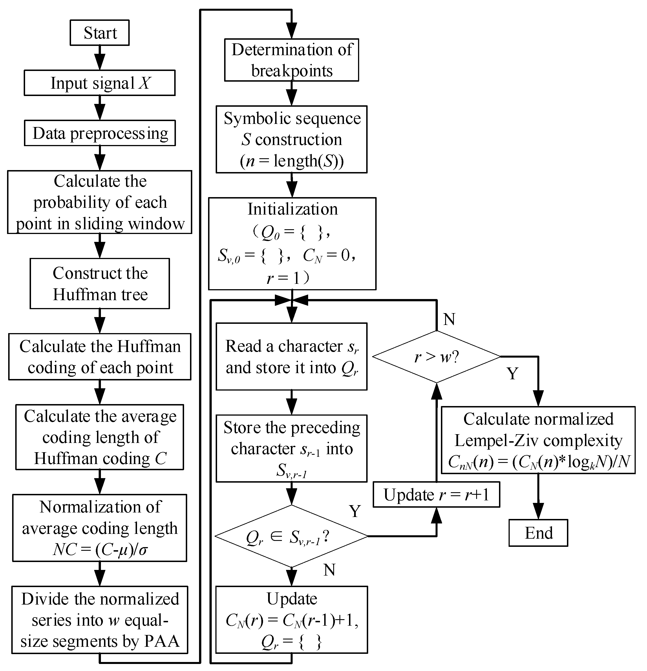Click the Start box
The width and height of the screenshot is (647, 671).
pos(100,33)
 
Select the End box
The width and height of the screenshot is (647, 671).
pos(538,533)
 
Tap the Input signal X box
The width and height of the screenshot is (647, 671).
pos(100,83)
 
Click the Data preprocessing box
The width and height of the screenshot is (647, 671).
pos(100,133)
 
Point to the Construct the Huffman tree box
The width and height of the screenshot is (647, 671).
pos(100,284)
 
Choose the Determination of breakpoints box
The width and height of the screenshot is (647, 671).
pos(291,60)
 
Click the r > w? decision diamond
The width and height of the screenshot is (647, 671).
pos(436,356)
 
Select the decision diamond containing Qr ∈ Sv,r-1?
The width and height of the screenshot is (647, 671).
pos(291,536)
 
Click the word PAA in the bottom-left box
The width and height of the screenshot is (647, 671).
pos(162,641)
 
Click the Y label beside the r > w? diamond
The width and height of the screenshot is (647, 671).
pos(512,373)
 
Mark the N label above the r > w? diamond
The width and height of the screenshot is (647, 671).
pos(449,319)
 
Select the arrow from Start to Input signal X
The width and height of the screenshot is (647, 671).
pos(100,57)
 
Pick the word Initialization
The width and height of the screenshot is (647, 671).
pos(292,209)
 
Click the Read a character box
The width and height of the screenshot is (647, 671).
pos(291,356)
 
